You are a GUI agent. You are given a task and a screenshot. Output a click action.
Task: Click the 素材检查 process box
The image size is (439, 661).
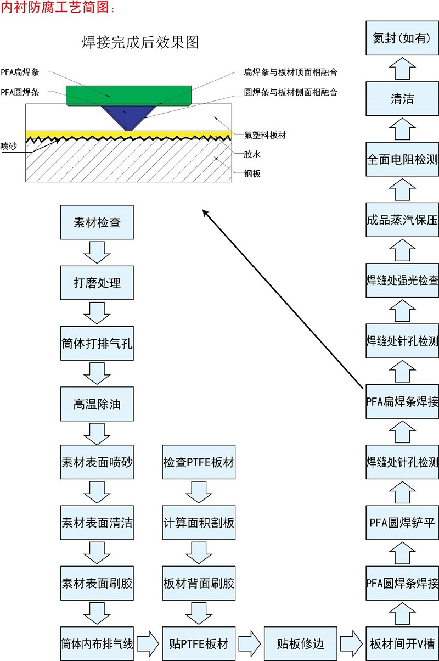click(x=97, y=223)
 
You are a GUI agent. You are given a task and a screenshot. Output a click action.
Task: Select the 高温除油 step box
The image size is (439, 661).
click(x=97, y=404)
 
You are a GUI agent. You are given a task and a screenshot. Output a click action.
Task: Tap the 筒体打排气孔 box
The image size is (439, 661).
click(x=97, y=344)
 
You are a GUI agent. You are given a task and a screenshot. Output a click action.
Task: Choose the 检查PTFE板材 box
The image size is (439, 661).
click(x=199, y=462)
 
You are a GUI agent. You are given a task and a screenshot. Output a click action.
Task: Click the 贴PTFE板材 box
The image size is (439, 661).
click(x=199, y=643)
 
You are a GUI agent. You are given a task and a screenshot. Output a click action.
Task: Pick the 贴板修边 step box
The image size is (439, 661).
click(x=300, y=643)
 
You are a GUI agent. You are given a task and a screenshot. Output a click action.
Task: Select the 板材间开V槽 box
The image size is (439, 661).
click(x=402, y=643)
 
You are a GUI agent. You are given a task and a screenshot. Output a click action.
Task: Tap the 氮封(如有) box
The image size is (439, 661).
click(x=402, y=38)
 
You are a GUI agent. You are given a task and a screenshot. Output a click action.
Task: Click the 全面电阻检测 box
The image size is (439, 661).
click(x=402, y=159)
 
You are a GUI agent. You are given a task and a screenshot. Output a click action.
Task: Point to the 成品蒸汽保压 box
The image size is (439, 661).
click(x=402, y=220)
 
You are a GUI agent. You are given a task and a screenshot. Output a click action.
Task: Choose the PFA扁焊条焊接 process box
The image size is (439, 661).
click(x=402, y=401)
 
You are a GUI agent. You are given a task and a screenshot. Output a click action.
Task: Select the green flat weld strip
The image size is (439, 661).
click(x=128, y=95)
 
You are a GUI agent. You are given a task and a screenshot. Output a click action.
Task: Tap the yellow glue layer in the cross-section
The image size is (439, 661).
click(x=82, y=134)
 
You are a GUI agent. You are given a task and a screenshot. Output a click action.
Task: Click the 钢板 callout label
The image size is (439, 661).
click(x=252, y=174)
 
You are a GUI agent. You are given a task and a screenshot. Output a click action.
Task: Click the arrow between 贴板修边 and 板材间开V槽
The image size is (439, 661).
click(x=351, y=643)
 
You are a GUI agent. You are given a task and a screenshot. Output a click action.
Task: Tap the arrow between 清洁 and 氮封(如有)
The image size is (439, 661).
click(x=402, y=69)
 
